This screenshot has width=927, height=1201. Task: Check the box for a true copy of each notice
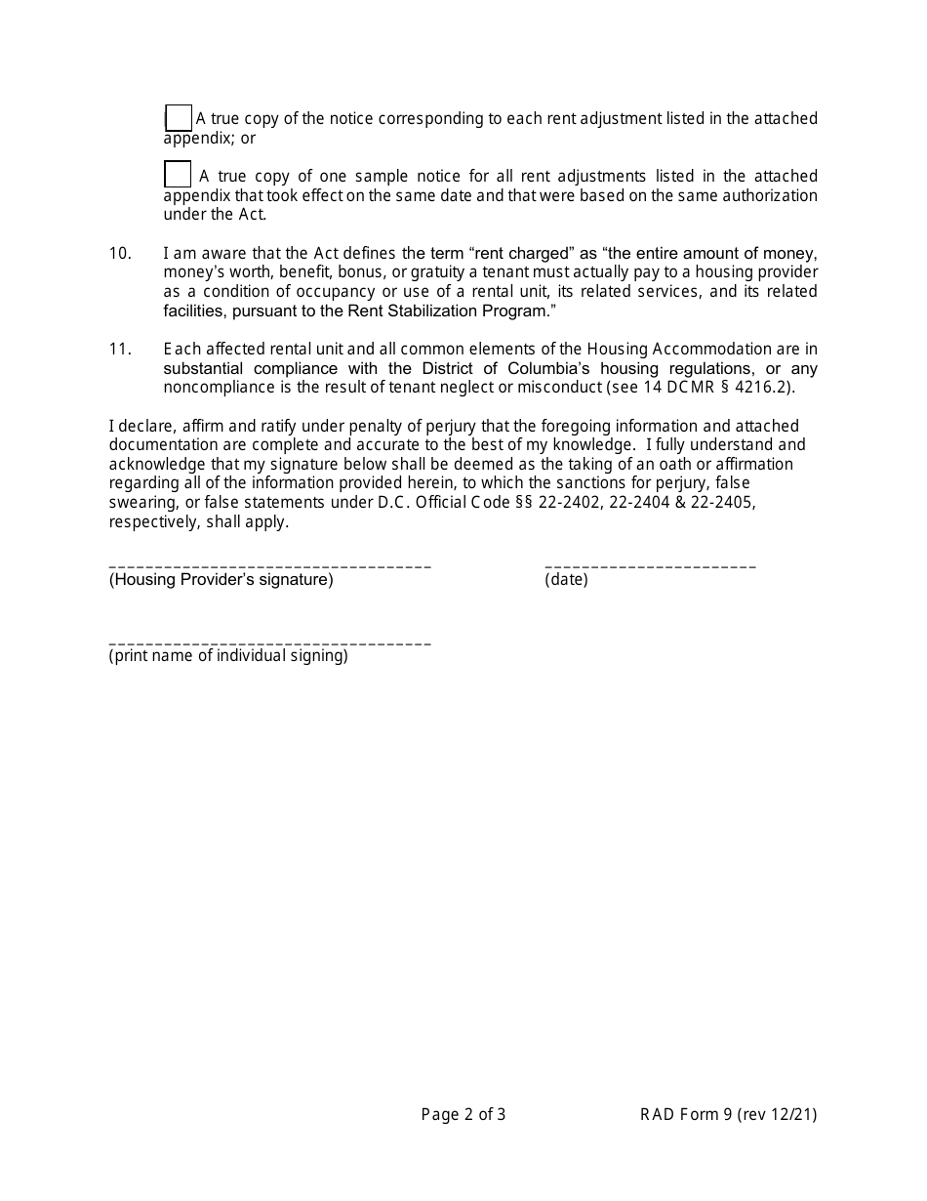(179, 118)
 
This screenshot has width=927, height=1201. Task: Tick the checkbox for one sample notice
(178, 175)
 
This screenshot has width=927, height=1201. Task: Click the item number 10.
(120, 253)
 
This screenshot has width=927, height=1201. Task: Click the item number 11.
(120, 350)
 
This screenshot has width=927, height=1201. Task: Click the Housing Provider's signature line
(269, 565)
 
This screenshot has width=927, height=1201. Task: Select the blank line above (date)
(650, 565)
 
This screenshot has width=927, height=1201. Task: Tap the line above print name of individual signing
(269, 642)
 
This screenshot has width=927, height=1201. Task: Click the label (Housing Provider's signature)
(222, 580)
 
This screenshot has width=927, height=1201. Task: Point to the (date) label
(566, 580)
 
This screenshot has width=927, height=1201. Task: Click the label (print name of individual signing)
(228, 656)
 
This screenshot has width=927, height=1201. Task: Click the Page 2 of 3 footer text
(463, 1114)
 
